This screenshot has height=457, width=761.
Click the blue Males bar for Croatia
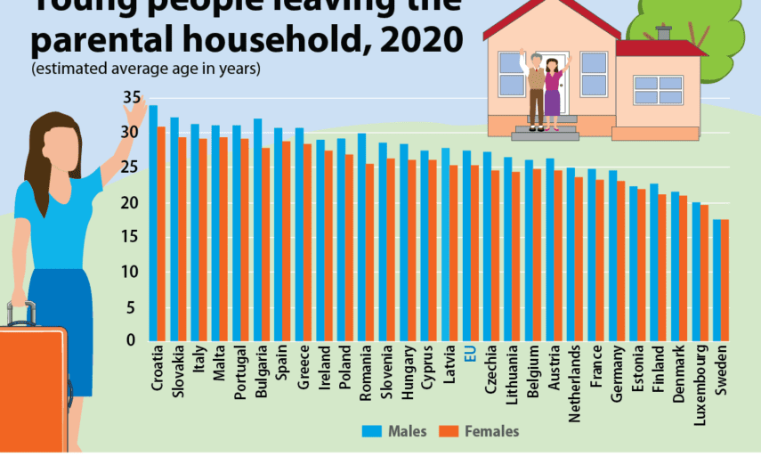point(153,223)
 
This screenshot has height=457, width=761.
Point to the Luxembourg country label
point(700,381)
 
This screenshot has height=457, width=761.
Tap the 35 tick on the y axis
point(132,97)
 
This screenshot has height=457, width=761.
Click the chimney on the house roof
point(663,33)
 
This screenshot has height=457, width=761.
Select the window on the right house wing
point(658,90)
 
